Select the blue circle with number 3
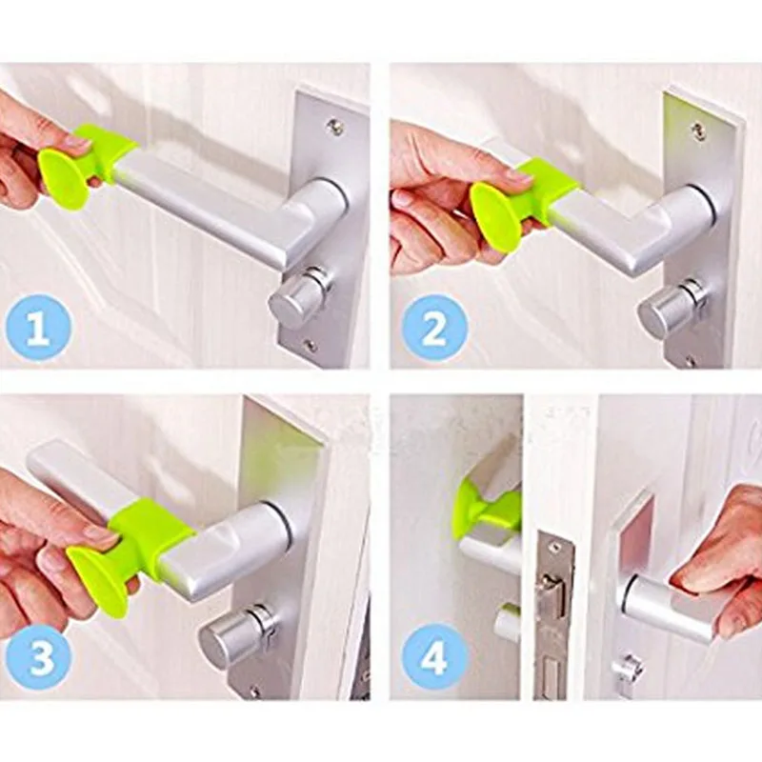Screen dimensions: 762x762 41,657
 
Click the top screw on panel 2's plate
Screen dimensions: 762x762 699,132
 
